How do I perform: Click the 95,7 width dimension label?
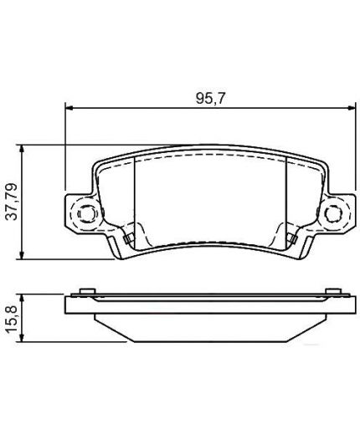click(210, 99)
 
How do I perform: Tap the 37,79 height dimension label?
click(12, 202)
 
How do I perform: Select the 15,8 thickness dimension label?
click(12, 319)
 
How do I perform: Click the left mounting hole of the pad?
click(86, 214)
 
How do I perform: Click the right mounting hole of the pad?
click(333, 214)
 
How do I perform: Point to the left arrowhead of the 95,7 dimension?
click(69, 107)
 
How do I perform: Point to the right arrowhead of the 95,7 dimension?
click(352, 107)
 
